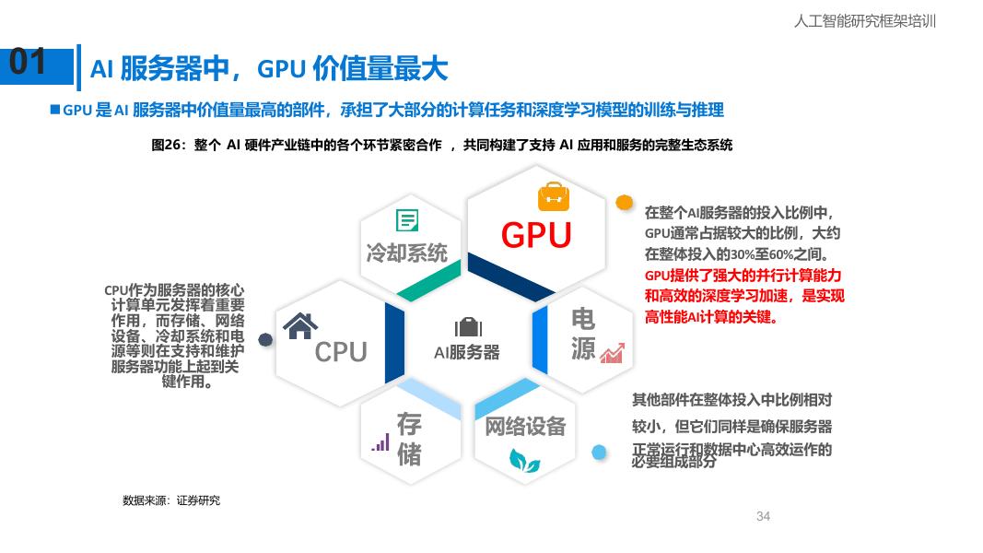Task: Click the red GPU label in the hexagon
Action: click(536, 235)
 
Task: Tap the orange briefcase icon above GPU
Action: click(554, 195)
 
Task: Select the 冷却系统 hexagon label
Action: click(407, 253)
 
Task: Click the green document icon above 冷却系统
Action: click(407, 220)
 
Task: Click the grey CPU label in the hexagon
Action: click(341, 351)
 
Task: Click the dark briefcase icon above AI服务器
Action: click(468, 327)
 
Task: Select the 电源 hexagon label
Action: click(583, 334)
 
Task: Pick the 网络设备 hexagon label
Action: click(525, 427)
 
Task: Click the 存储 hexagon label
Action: click(409, 439)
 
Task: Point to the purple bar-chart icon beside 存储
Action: click(380, 442)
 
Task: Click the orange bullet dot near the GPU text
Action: click(624, 202)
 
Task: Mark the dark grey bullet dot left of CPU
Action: click(265, 339)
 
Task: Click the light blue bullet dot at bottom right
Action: click(600, 452)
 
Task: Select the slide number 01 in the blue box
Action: click(28, 63)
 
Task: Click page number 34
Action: click(763, 516)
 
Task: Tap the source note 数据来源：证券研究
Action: click(171, 500)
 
